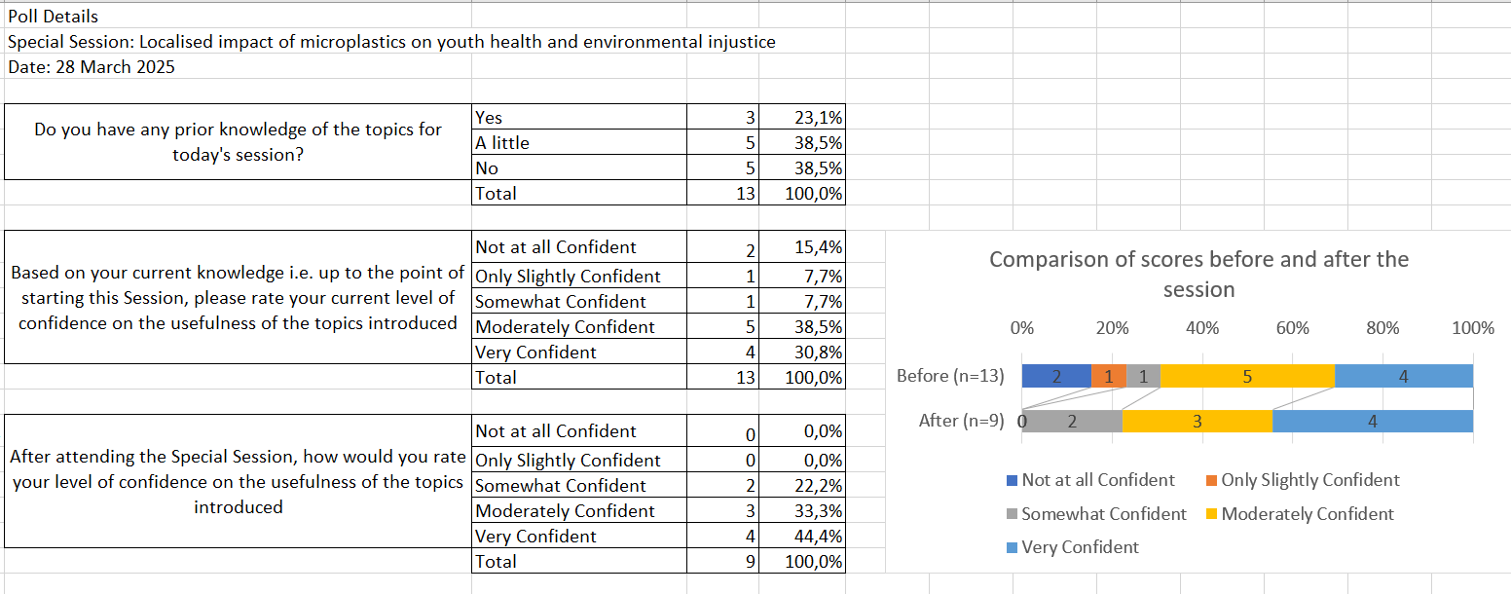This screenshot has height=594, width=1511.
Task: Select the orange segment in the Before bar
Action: [x=1108, y=376]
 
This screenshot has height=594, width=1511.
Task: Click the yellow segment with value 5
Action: [x=1247, y=376]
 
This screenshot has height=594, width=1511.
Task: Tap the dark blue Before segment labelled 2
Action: [x=1056, y=376]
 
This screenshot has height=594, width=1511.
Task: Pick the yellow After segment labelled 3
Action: [x=1198, y=422]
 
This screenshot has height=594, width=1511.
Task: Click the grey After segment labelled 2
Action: [x=1072, y=422]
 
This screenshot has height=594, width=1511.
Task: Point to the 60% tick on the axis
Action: [x=1293, y=328]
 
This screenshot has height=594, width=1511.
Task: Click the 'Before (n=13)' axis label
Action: [x=950, y=375]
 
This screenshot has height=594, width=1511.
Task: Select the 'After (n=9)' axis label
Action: [x=961, y=421]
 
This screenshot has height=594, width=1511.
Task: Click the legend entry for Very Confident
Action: [x=1073, y=547]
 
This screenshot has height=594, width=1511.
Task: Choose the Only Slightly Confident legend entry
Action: [x=1303, y=480]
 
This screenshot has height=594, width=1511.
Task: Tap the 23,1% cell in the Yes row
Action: [x=802, y=117]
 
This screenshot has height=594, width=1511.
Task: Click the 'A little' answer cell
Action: [x=579, y=142]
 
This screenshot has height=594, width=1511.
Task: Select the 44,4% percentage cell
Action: [x=802, y=536]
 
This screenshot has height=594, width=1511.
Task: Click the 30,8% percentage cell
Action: [x=802, y=352]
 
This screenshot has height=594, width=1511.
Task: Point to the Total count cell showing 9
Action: [x=723, y=561]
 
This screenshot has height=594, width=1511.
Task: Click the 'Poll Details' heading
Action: [x=54, y=17]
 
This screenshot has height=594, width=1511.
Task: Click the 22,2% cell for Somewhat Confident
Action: [x=802, y=485]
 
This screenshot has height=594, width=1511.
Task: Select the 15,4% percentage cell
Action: [x=802, y=247]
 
